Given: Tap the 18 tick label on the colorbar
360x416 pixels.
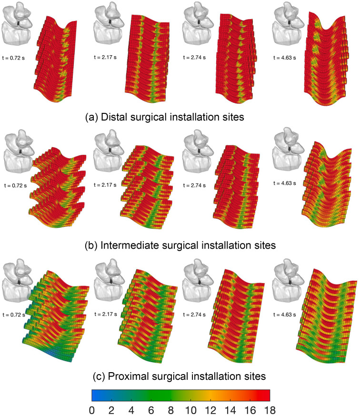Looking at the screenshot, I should [x=269, y=409].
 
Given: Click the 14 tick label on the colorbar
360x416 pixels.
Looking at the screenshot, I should [x=230, y=409].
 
